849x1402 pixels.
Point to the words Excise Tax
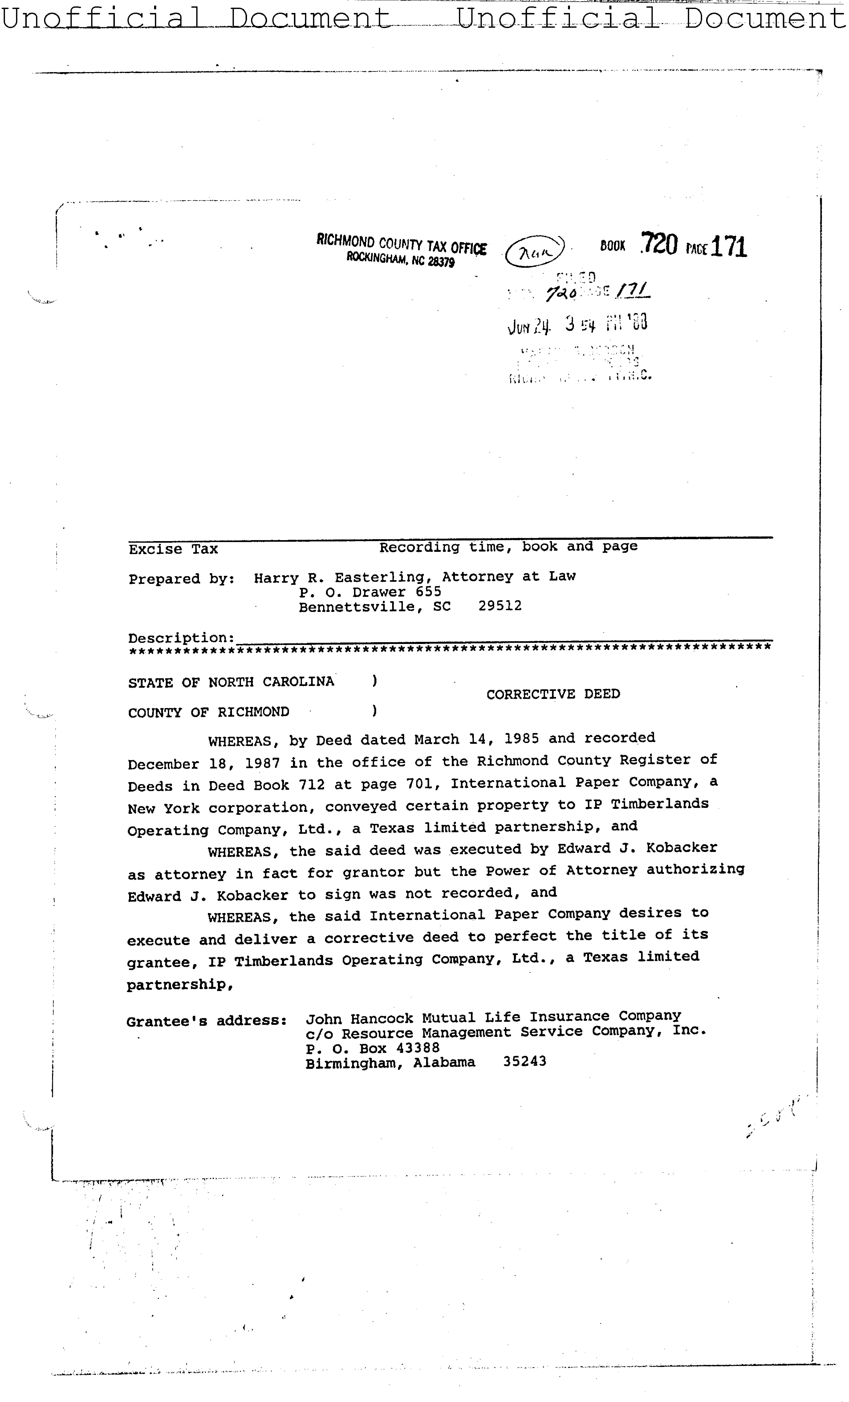[173, 549]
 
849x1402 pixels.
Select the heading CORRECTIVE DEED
[552, 694]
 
